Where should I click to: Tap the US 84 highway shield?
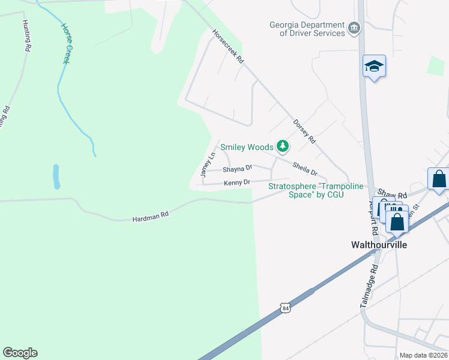(286, 308)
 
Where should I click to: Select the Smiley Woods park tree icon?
(282, 146)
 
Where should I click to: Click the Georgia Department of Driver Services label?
(307, 29)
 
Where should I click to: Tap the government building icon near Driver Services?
(354, 26)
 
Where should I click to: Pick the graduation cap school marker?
(374, 66)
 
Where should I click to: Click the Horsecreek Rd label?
(228, 47)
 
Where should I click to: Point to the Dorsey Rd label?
(304, 131)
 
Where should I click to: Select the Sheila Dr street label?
(304, 169)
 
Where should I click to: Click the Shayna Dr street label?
(237, 169)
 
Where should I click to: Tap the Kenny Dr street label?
(237, 182)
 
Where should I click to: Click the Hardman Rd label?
(150, 217)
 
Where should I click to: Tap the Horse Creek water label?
(67, 44)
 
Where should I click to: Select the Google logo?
(20, 353)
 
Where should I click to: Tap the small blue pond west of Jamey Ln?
(56, 176)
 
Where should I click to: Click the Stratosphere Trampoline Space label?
(316, 190)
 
